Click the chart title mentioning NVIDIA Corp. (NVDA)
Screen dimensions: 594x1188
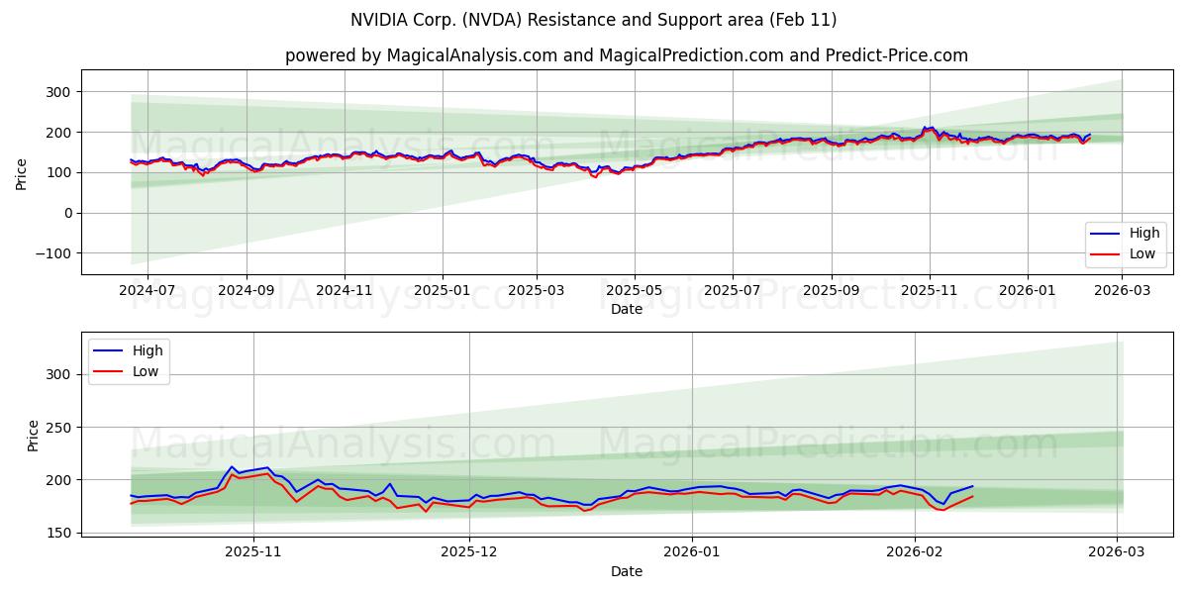[x=593, y=20]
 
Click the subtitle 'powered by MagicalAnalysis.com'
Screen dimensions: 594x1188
[x=626, y=55]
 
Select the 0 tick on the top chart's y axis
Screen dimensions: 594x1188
[x=66, y=213]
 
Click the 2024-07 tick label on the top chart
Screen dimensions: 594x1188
[x=148, y=291]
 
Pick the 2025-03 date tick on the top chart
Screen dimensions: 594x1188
[x=537, y=291]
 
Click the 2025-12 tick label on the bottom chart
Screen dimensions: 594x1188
[x=469, y=552]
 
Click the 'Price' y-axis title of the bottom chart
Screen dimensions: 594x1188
[x=33, y=436]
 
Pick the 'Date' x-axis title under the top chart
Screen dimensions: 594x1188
[x=626, y=309]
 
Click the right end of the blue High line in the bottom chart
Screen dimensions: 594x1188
[x=973, y=486]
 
